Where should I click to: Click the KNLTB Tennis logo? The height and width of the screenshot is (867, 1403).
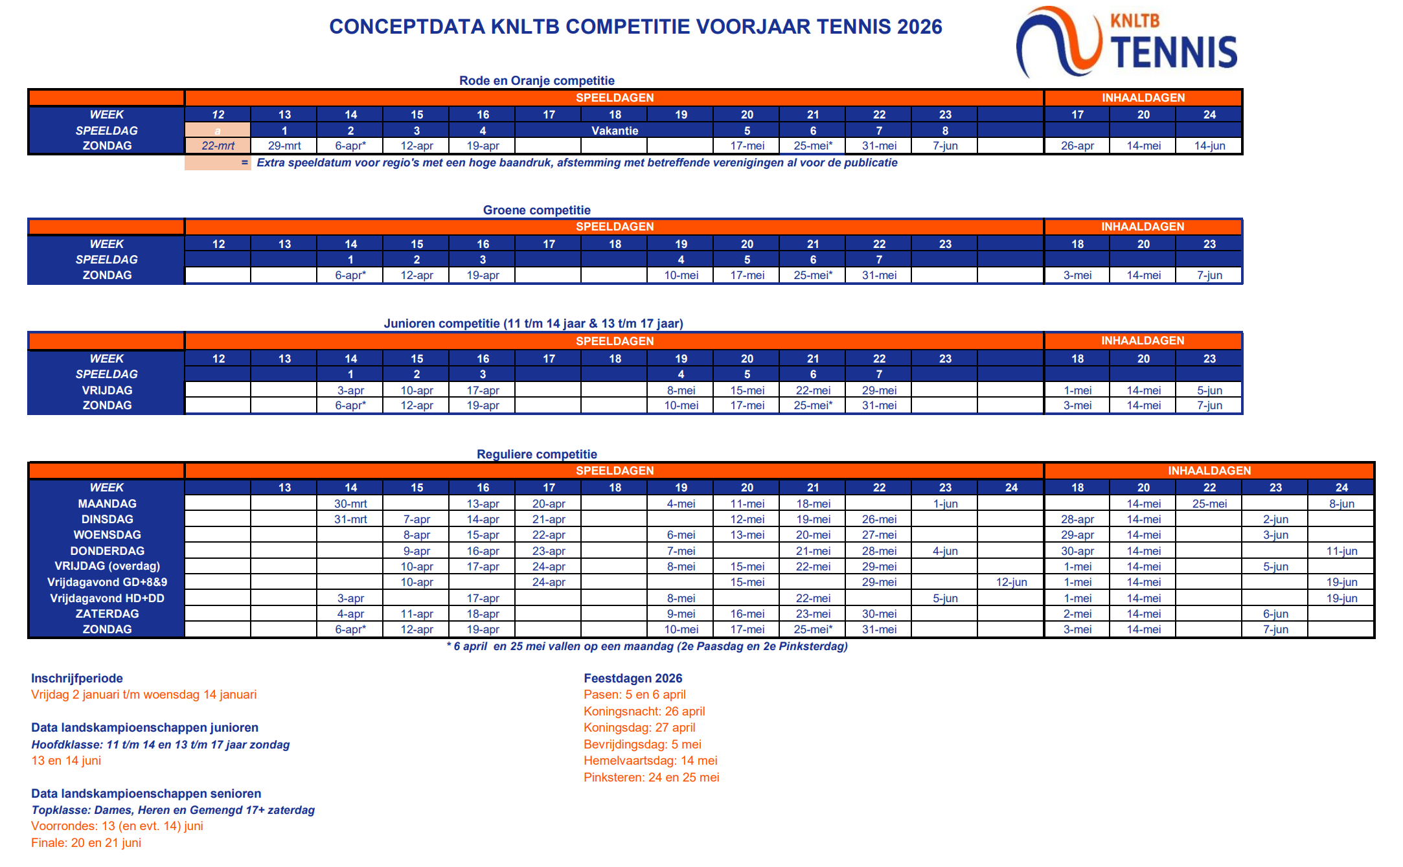[x=1127, y=42]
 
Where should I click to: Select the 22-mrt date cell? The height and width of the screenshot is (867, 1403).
[x=218, y=146]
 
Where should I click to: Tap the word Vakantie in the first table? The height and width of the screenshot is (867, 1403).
[x=615, y=130]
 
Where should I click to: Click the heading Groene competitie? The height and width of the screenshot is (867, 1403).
[x=536, y=210]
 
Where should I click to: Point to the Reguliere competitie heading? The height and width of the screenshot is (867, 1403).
[x=536, y=454]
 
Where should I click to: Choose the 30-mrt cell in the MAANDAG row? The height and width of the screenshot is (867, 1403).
[x=350, y=504]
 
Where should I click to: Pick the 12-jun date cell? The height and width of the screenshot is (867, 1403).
[x=1011, y=582]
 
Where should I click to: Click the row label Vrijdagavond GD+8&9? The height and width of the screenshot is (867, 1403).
[x=107, y=582]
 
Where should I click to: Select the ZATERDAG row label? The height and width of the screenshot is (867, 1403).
[x=107, y=614]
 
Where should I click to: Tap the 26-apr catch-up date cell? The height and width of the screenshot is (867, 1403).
[x=1077, y=146]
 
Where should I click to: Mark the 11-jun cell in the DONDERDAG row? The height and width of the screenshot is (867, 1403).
[x=1341, y=551]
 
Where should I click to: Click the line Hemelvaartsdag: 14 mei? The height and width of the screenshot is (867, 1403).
[x=650, y=761]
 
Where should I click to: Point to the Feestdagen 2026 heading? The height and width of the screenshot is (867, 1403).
[x=633, y=678]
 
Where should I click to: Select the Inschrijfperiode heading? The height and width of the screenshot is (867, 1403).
[x=77, y=678]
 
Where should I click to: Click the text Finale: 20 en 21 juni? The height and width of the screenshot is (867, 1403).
[x=86, y=842]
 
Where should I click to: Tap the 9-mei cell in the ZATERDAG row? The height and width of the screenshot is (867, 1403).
[x=681, y=614]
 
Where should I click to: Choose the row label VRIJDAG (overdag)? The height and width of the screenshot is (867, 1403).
[x=107, y=567]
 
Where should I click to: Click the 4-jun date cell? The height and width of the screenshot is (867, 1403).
[x=945, y=551]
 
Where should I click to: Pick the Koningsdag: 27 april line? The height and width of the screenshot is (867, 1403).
[x=639, y=728]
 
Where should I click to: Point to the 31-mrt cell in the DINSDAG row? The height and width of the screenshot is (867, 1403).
[x=350, y=519]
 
